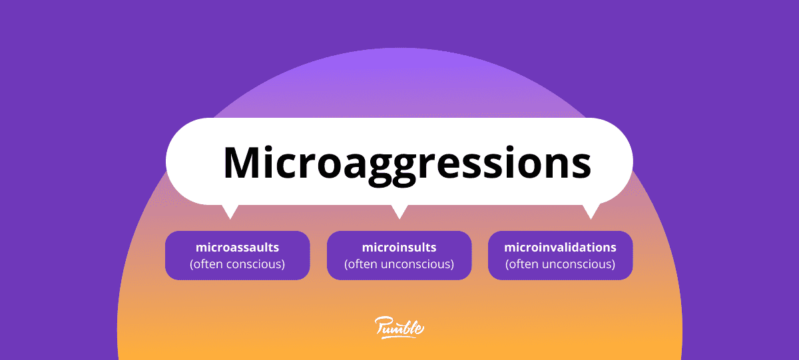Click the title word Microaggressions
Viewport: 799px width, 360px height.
(407, 164)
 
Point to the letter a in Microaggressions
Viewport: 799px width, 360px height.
(355, 166)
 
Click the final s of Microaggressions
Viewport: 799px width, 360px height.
(580, 166)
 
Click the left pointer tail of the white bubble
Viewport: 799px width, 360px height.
(230, 212)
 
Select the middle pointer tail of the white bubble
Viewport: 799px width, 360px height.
(400, 212)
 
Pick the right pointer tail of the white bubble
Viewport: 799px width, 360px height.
(591, 212)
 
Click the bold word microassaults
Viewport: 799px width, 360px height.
(238, 248)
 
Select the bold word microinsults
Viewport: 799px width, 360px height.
(399, 248)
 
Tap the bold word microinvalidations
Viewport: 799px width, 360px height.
(560, 248)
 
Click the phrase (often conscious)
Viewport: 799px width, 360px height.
(238, 264)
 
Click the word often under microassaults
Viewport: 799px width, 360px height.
(208, 264)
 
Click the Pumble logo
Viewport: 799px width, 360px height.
(399, 327)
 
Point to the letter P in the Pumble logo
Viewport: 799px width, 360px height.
(383, 326)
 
